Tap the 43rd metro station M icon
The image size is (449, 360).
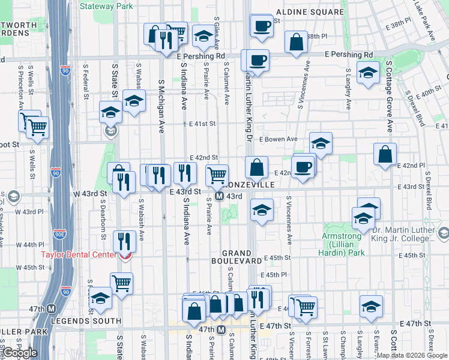(220, 196)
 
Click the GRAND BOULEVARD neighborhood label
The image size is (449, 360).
(236, 257)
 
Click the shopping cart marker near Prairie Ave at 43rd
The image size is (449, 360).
(217, 175)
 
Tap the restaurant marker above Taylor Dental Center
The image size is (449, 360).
(124, 242)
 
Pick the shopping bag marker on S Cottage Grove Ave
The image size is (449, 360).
(385, 154)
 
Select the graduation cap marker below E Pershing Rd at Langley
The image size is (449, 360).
(369, 74)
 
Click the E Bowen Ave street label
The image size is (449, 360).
(279, 139)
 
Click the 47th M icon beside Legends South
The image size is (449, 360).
(52, 309)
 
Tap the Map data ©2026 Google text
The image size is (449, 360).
(412, 355)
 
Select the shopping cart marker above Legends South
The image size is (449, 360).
(121, 283)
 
